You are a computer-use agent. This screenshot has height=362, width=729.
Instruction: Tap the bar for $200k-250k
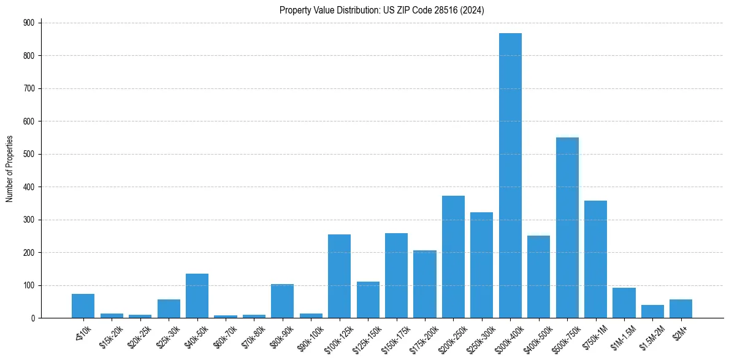[x=453, y=257]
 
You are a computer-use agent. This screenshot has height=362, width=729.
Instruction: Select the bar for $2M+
[x=681, y=309]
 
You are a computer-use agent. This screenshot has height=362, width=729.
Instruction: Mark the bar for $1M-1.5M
[x=624, y=303]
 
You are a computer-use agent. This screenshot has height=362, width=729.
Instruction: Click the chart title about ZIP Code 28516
[x=382, y=10]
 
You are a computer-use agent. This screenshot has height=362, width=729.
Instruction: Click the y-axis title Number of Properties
[x=9, y=169]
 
